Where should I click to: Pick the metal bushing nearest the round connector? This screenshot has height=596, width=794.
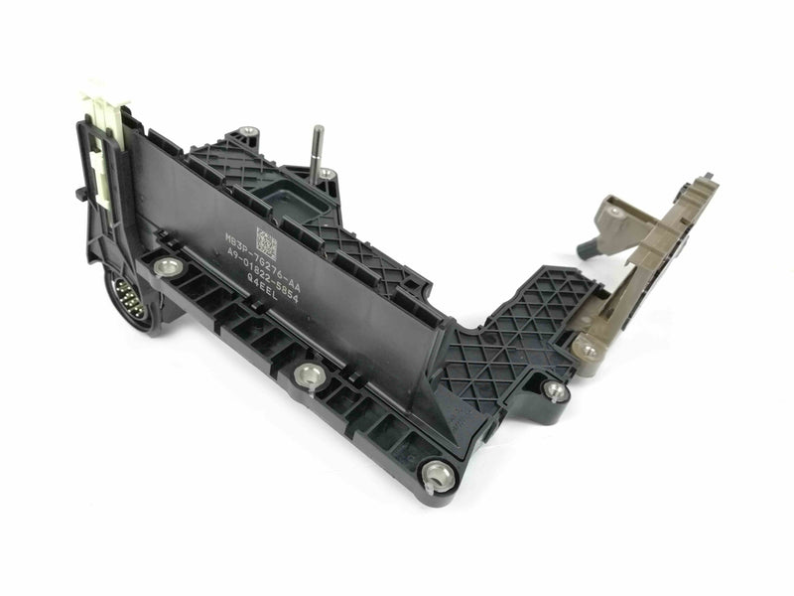(x=168, y=267)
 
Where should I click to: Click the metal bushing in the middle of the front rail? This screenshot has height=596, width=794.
(x=307, y=373)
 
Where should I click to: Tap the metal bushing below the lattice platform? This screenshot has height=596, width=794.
(x=555, y=389)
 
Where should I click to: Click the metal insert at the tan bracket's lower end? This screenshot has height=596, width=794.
(x=590, y=349)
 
